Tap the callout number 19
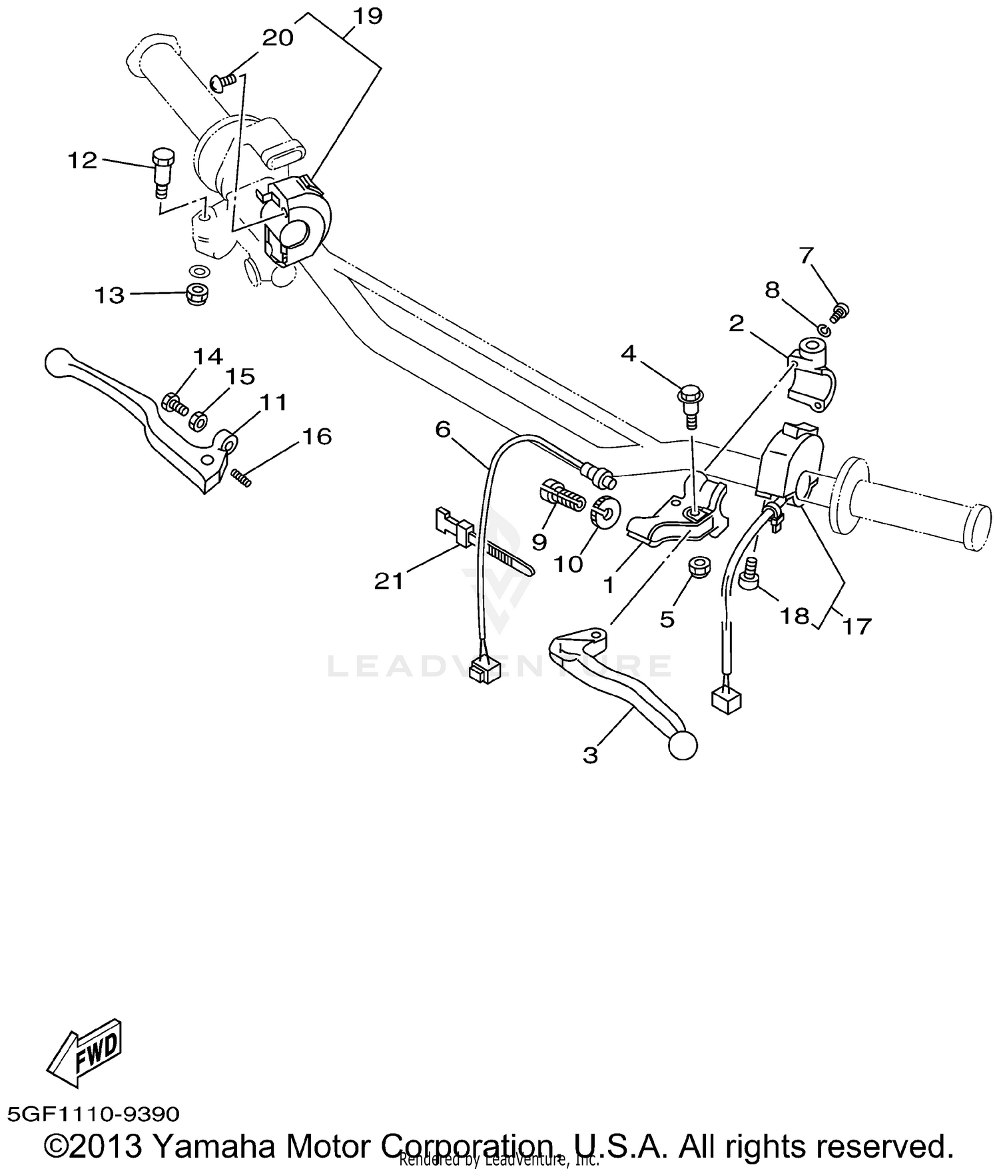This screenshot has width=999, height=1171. pos(368,16)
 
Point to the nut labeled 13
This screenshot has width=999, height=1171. pos(195,294)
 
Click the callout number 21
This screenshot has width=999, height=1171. pos(389,582)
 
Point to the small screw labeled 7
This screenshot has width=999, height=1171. pos(841,310)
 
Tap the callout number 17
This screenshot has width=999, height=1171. pos(857,626)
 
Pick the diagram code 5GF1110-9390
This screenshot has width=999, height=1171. pos(93,1114)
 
